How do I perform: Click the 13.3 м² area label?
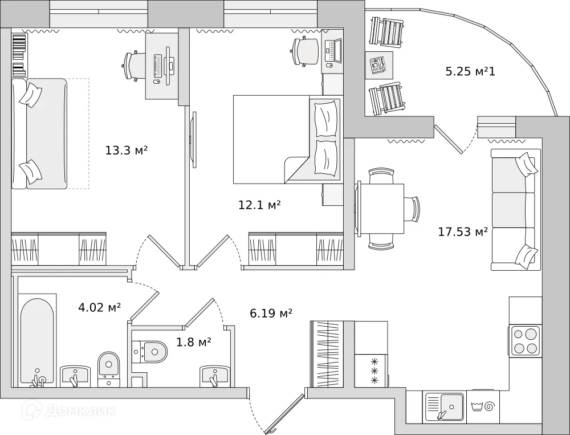tap(127, 151)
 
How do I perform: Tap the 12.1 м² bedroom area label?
tap(259, 205)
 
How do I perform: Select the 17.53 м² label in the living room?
tap(462, 231)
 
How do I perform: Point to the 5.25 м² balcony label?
tap(470, 72)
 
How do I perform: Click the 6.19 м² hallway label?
tap(271, 312)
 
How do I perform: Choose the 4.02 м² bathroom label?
tap(99, 308)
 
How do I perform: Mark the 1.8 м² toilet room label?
tap(193, 342)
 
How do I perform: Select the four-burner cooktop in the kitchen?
tap(525, 340)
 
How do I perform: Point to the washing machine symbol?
tap(483, 407)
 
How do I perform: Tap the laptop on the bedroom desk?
tap(332, 51)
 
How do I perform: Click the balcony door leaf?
tap(449, 139)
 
